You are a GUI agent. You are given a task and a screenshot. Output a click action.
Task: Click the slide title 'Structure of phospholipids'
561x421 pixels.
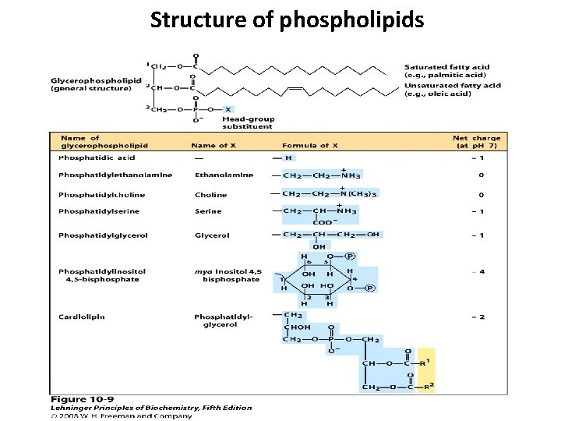pyautogui.click(x=288, y=19)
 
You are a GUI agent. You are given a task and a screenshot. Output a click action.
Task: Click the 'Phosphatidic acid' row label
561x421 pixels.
pyautogui.click(x=96, y=158)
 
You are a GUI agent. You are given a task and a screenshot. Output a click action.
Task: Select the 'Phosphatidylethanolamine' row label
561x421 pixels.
pyautogui.click(x=115, y=175)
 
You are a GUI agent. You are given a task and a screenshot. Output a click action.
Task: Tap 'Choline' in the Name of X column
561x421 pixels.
pyautogui.click(x=211, y=195)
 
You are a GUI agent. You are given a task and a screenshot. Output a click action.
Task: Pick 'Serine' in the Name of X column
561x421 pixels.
pyautogui.click(x=208, y=211)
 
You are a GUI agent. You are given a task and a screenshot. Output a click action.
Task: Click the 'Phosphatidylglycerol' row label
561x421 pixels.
pyautogui.click(x=103, y=235)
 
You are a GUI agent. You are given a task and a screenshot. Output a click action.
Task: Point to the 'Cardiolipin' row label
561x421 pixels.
pyautogui.click(x=81, y=317)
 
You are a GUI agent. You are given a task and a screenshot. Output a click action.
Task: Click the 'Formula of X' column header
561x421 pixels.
pyautogui.click(x=310, y=145)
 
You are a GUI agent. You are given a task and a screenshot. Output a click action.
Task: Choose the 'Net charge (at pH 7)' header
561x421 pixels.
pyautogui.click(x=477, y=142)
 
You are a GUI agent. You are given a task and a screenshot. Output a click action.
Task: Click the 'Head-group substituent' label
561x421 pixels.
pyautogui.click(x=248, y=122)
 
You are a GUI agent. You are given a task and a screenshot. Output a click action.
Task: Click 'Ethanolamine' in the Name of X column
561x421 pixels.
pyautogui.click(x=224, y=175)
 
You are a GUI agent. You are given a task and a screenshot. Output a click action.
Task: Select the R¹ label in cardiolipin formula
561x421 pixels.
pyautogui.click(x=425, y=363)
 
